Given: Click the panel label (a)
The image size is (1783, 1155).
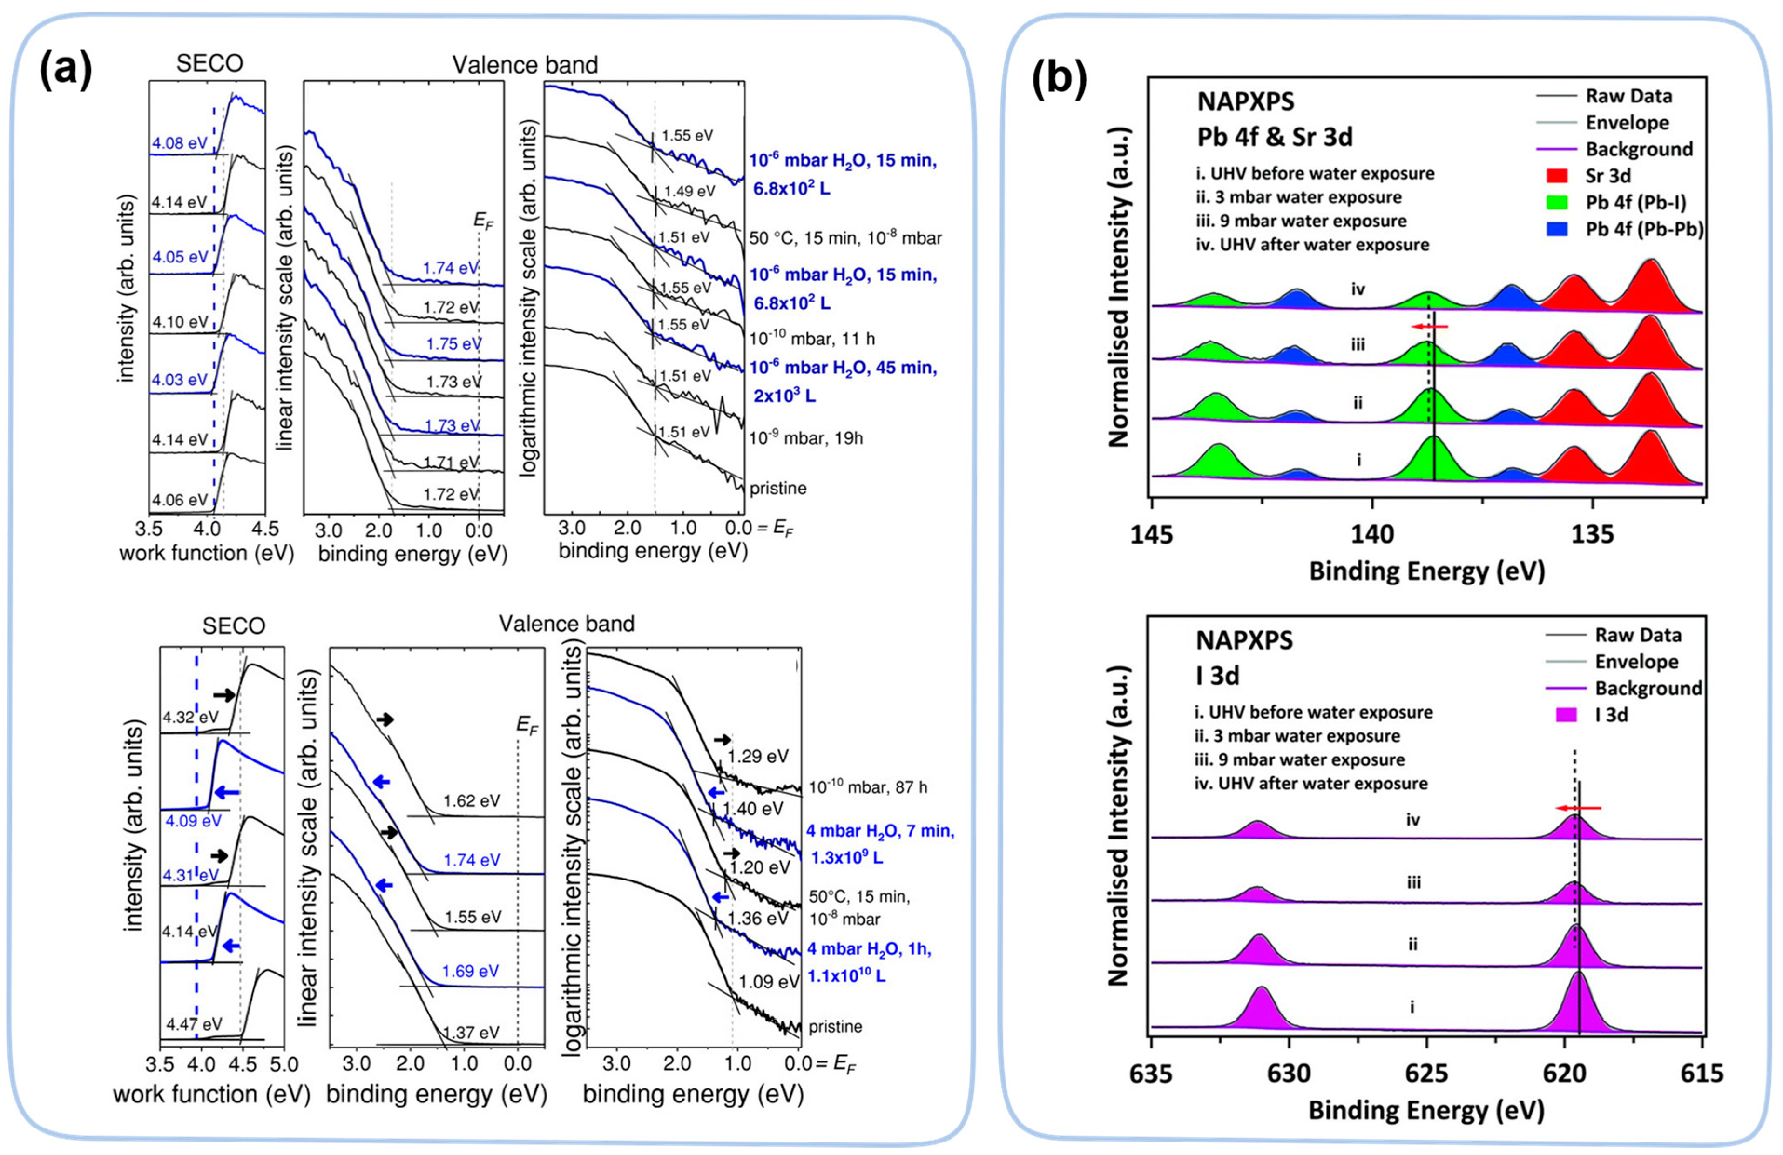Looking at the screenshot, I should pyautogui.click(x=66, y=70).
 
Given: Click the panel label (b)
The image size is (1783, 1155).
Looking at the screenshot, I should pyautogui.click(x=1059, y=78).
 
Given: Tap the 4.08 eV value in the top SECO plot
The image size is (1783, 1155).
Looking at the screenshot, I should pyautogui.click(x=179, y=142).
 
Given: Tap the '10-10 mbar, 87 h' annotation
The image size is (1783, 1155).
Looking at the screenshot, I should pyautogui.click(x=868, y=787).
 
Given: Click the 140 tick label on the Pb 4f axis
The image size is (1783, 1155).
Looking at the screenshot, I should pyautogui.click(x=1372, y=534).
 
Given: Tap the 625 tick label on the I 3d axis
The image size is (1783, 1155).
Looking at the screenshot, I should pyautogui.click(x=1426, y=1074).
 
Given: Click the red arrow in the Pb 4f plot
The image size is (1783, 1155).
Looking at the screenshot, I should pyautogui.click(x=1429, y=327).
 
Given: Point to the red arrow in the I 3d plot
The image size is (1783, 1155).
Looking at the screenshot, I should pyautogui.click(x=1579, y=807).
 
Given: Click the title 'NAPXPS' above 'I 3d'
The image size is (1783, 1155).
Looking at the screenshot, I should pyautogui.click(x=1244, y=640).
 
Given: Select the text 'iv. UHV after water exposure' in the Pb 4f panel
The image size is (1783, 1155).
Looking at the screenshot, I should pyautogui.click(x=1312, y=245).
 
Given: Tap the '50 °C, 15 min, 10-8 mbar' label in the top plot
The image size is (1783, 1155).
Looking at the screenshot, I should pyautogui.click(x=845, y=238).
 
